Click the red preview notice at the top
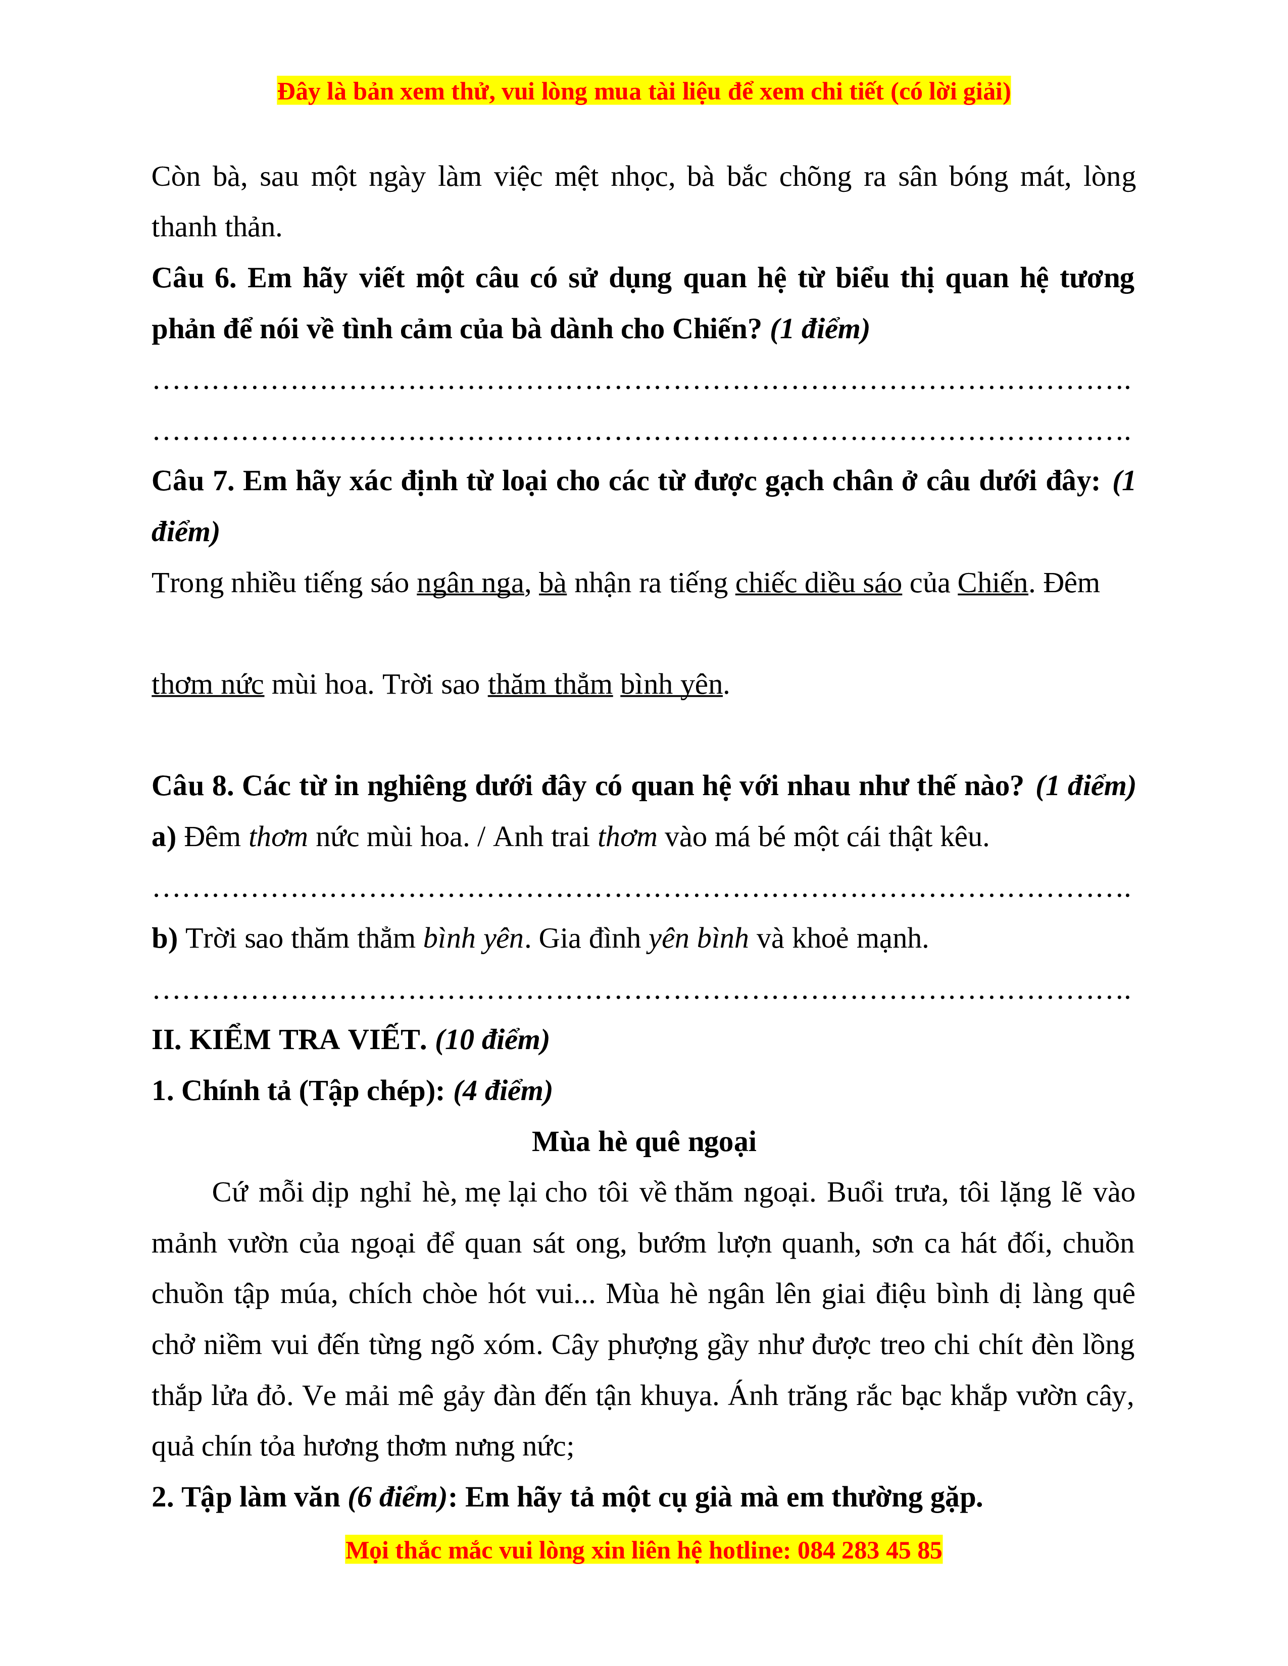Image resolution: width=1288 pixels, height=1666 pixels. pyautogui.click(x=643, y=91)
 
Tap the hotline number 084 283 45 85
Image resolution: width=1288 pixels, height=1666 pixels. pyautogui.click(x=869, y=1551)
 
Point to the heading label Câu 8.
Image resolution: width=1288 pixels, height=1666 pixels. pyautogui.click(x=192, y=787)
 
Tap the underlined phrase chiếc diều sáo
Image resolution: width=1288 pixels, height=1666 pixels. pyautogui.click(x=818, y=584)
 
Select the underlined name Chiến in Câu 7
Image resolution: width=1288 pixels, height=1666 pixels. pyautogui.click(x=993, y=584)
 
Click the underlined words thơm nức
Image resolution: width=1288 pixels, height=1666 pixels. pyautogui.click(x=208, y=685)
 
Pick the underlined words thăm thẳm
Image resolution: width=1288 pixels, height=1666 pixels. pyautogui.click(x=550, y=685)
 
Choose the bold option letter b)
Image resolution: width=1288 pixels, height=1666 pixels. pyautogui.click(x=165, y=939)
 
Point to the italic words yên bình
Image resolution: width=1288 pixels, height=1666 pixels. pyautogui.click(x=698, y=939)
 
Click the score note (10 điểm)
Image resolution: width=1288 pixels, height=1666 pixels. pyautogui.click(x=492, y=1040)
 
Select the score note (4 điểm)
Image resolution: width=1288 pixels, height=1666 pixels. pyautogui.click(x=503, y=1091)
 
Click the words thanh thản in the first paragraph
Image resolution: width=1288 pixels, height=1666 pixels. pyautogui.click(x=217, y=227)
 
